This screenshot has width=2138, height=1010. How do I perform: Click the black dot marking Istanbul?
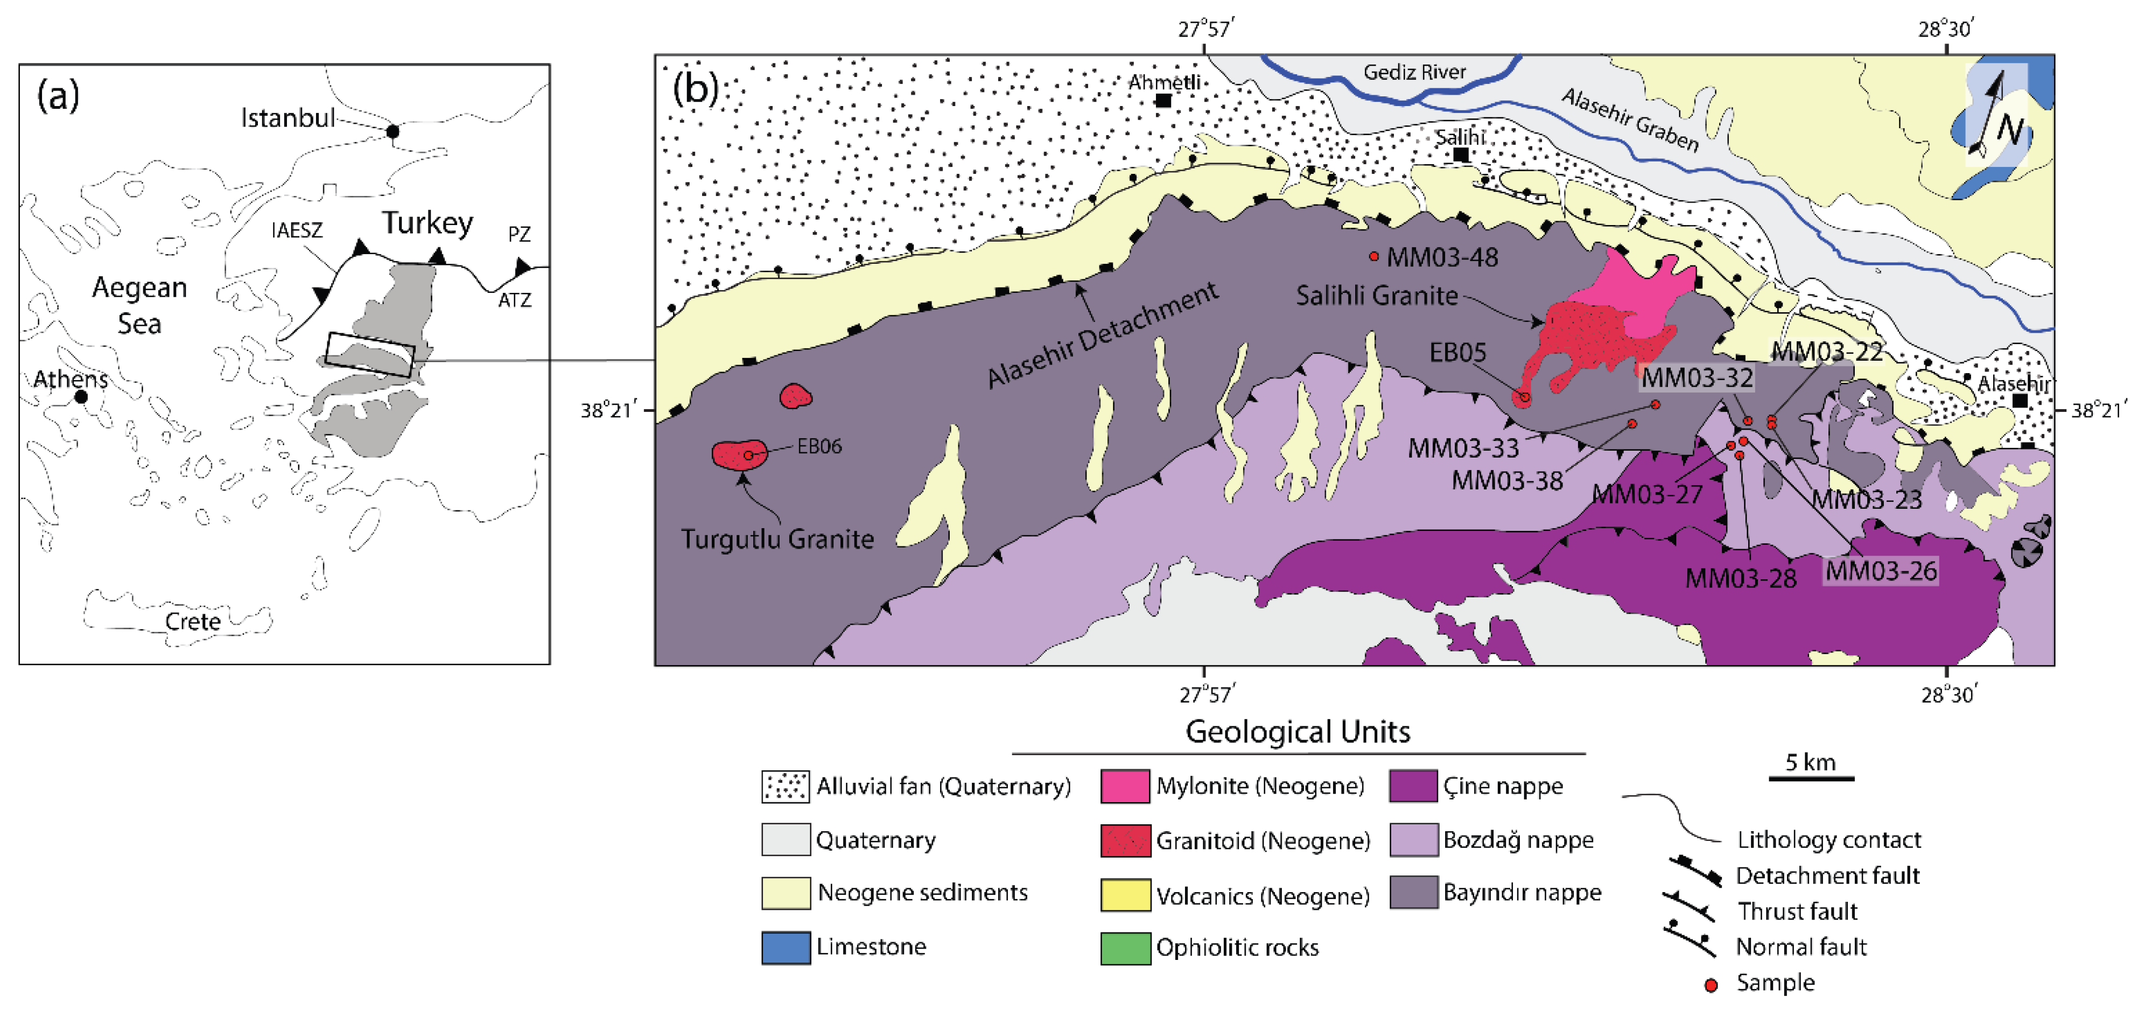click(x=392, y=131)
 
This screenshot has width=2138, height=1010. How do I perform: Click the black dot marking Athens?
click(x=81, y=397)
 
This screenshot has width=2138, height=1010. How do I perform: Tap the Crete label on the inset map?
click(x=193, y=621)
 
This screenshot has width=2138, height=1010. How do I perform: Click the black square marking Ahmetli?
click(x=1163, y=101)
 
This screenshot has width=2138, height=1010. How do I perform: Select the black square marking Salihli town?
click(x=1461, y=155)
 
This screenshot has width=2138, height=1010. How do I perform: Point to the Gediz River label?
click(x=1414, y=72)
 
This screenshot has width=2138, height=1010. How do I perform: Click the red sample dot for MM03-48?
click(x=1373, y=256)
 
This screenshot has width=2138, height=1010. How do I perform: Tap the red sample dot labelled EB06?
click(x=748, y=455)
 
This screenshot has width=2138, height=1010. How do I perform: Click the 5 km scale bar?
click(x=1811, y=777)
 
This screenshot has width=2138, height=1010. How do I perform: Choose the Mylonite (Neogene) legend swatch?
click(x=1125, y=786)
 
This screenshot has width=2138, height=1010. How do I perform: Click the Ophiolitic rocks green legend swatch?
click(x=1125, y=948)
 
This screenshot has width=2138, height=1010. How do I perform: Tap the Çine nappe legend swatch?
click(x=1413, y=786)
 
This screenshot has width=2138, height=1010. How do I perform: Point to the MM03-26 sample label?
click(x=1881, y=570)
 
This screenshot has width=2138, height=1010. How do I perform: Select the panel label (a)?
click(x=58, y=96)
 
